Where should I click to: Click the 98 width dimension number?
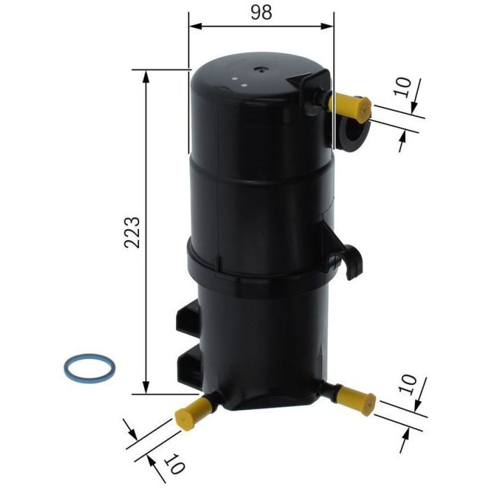click(261, 13)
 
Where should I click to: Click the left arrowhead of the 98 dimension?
click(195, 27)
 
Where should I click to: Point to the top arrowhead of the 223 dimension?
click(145, 75)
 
